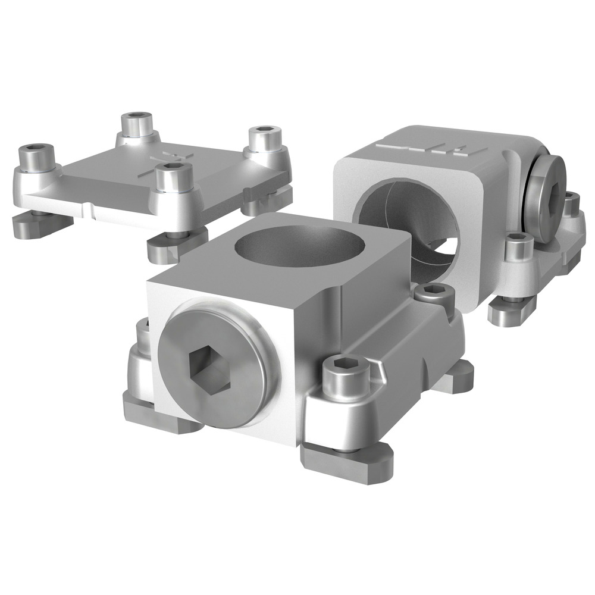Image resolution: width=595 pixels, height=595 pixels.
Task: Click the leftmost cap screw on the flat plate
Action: point(36,156)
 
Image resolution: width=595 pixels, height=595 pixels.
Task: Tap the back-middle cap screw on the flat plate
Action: point(136,124)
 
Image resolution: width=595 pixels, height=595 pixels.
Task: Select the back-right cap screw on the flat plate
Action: point(262,138)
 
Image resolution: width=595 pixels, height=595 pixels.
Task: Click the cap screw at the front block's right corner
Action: point(344,376)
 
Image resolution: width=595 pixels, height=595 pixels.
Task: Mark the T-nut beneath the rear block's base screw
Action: point(512,312)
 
